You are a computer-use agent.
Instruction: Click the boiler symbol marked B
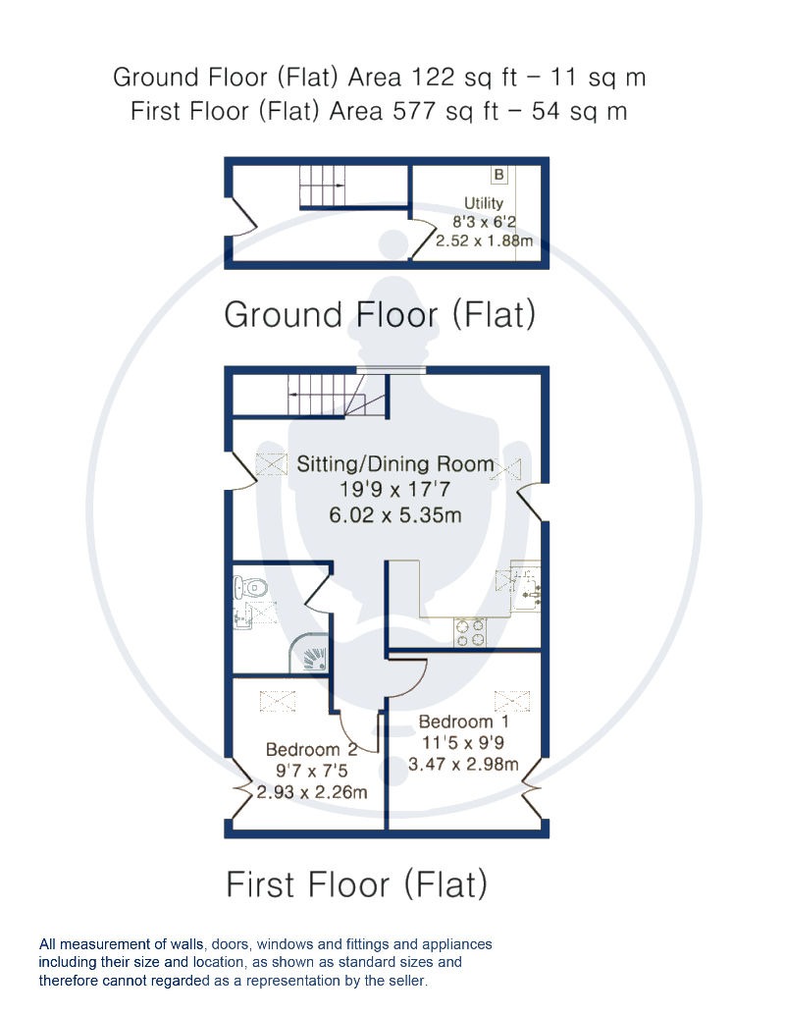(498, 175)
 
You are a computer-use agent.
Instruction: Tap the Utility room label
(483, 203)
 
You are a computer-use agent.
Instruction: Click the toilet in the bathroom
(250, 588)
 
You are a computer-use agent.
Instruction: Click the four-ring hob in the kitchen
(470, 632)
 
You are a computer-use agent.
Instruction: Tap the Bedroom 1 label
(464, 722)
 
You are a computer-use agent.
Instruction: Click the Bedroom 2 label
(311, 750)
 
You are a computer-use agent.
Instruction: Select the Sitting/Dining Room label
(395, 464)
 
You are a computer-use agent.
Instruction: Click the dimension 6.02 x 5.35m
(395, 515)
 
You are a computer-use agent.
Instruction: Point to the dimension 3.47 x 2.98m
(463, 764)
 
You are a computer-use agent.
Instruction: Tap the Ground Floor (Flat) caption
(380, 315)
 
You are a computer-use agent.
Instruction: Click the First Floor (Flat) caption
(356, 884)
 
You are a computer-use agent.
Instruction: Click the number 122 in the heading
(435, 78)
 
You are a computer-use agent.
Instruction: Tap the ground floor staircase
(322, 186)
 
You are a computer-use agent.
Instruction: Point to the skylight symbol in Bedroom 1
(511, 701)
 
